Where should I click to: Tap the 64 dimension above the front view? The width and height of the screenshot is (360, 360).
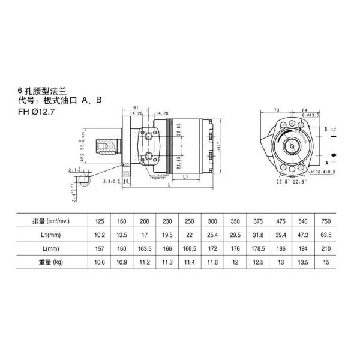(x=305, y=110)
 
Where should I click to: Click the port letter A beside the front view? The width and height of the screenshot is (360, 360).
(x=326, y=163)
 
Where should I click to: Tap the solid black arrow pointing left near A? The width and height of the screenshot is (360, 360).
(x=333, y=155)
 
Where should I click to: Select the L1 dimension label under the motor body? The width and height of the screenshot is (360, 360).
(x=187, y=178)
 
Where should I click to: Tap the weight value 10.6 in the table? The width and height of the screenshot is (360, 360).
(x=100, y=262)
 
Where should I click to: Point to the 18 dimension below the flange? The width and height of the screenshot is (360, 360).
(x=125, y=181)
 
